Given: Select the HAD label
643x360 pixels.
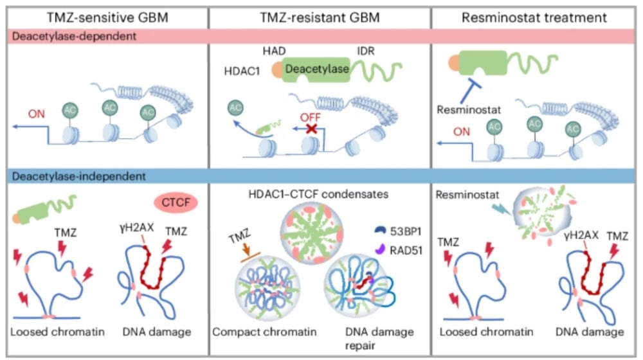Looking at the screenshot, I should click(x=277, y=50).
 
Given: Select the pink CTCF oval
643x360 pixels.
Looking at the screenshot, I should click(x=174, y=203).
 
